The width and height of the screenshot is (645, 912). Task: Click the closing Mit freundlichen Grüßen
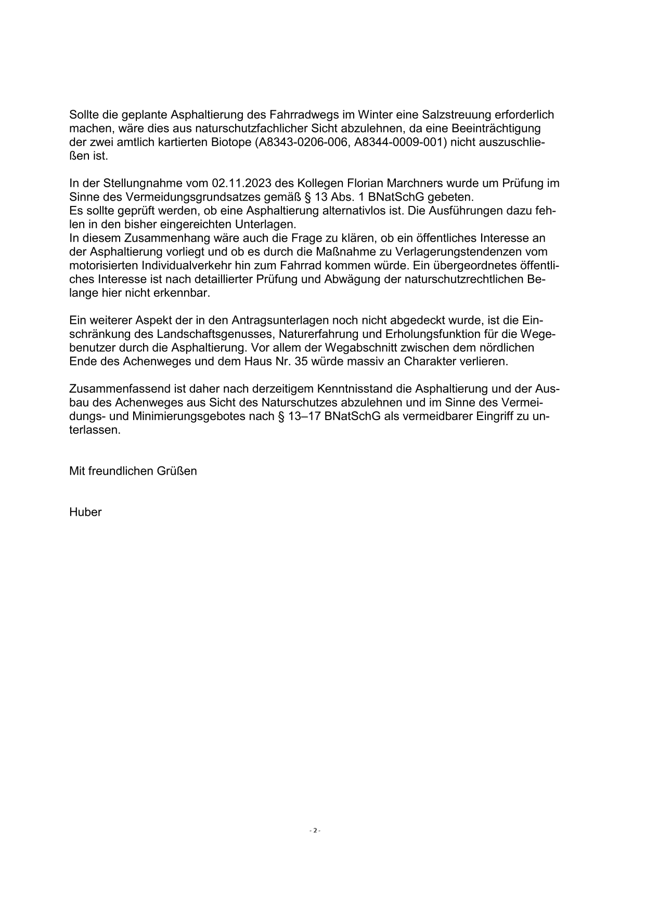coord(133,471)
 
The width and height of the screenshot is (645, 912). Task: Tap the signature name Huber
coord(85,512)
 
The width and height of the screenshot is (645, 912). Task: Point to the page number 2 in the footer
coord(315,831)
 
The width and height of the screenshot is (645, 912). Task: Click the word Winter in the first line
coord(369,114)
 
